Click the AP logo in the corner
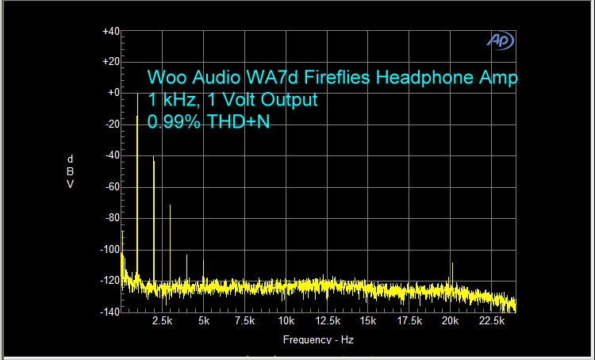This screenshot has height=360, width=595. click(501, 40)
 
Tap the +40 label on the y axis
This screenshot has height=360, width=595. click(110, 31)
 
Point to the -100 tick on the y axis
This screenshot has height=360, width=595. click(109, 249)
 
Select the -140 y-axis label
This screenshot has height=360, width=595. click(109, 312)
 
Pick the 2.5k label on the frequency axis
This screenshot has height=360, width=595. click(162, 321)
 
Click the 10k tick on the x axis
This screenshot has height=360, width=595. click(286, 321)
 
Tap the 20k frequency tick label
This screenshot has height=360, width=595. click(451, 321)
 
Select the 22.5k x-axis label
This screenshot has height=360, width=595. click(492, 321)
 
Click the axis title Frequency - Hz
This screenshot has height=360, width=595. click(317, 339)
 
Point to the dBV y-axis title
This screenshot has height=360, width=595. click(71, 171)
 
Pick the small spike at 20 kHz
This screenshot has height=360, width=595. click(451, 274)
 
